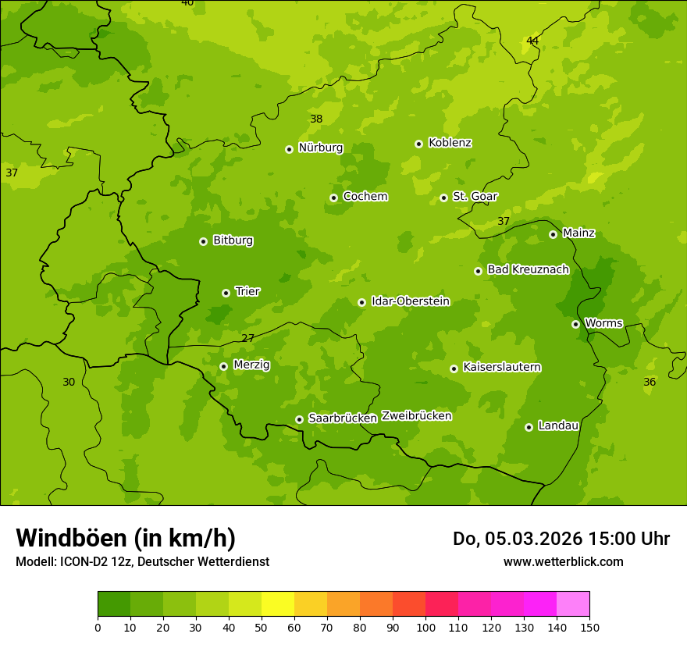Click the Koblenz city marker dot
(419, 144)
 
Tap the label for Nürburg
(321, 148)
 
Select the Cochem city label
(365, 197)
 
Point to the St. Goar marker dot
(443, 198)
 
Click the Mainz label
(578, 233)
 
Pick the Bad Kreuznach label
(528, 269)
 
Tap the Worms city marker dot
(575, 324)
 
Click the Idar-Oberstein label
(411, 301)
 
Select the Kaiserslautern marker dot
(454, 369)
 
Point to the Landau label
(558, 425)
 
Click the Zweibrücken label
(416, 416)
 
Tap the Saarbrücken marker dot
(299, 419)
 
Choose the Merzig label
(251, 365)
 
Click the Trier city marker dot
(226, 293)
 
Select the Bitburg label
(233, 240)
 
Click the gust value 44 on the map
(532, 41)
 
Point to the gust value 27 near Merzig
(247, 338)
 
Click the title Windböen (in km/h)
(126, 538)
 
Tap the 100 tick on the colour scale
(425, 626)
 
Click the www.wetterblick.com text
(563, 561)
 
